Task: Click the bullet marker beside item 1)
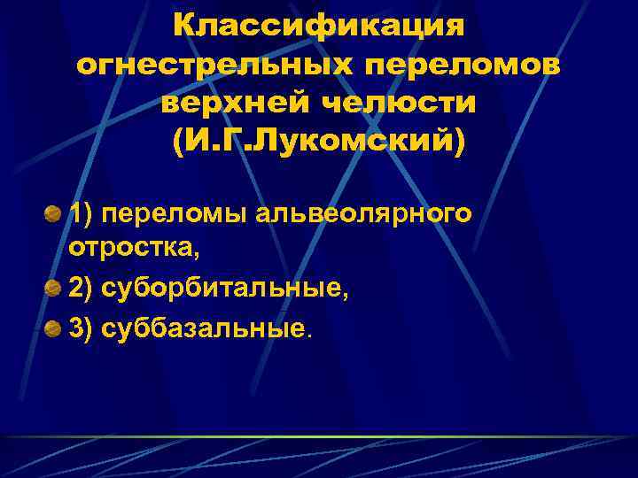pos(54,214)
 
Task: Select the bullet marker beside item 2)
pos(54,289)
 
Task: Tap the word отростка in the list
pos(132,250)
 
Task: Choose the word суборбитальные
pos(225,289)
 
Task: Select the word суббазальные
pos(204,328)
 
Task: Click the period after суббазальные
pos(309,335)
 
